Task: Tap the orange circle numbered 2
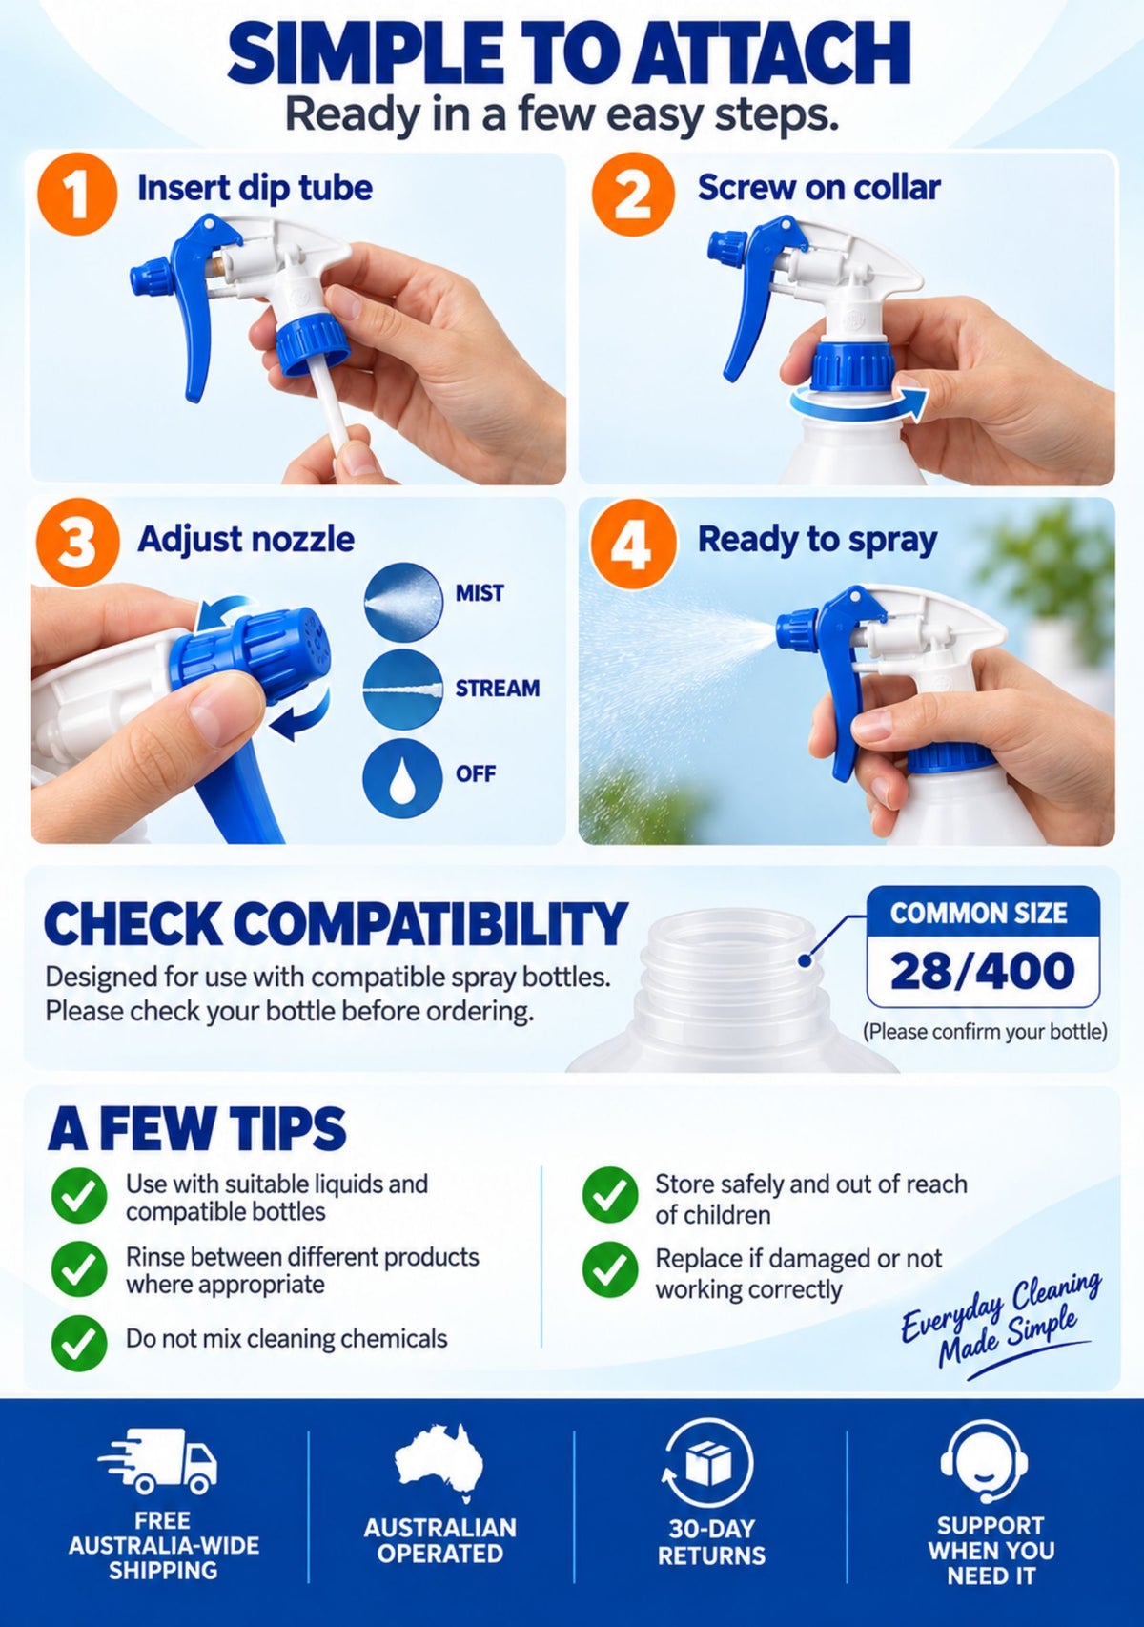(633, 195)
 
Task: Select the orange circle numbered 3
(77, 541)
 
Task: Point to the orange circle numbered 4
(633, 542)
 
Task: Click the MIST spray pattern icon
(403, 602)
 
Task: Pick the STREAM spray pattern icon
(403, 688)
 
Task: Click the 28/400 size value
(982, 971)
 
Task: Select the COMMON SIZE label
(978, 913)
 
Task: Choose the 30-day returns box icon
(707, 1462)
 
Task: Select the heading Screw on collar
(819, 188)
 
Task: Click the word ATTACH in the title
(771, 55)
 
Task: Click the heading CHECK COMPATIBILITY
(336, 924)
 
